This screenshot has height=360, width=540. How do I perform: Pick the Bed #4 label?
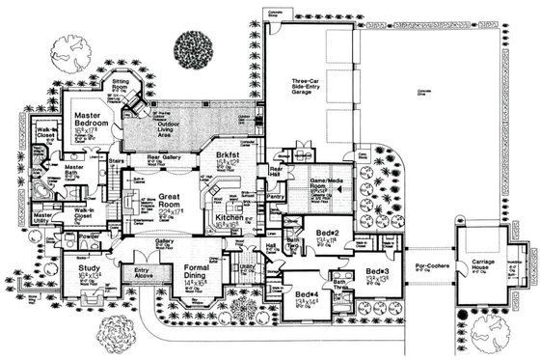point(308,293)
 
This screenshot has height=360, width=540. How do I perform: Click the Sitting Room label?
point(129,87)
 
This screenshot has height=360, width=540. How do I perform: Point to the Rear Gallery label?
point(166,158)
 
